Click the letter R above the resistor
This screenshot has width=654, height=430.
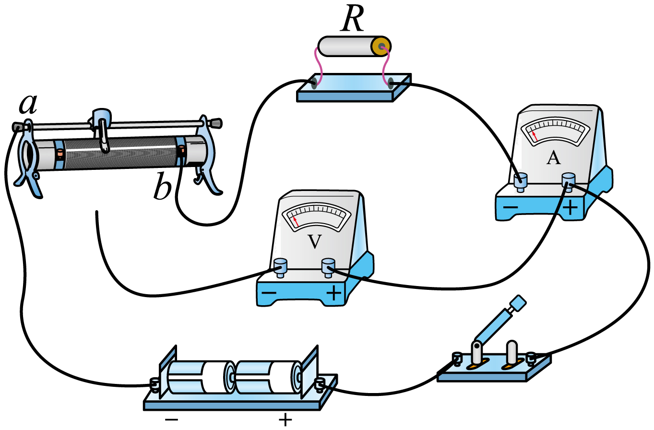(353, 18)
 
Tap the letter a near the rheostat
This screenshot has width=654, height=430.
(28, 104)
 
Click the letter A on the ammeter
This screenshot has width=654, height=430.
(553, 158)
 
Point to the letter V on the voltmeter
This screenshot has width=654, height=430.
(315, 241)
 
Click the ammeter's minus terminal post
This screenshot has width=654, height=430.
(520, 182)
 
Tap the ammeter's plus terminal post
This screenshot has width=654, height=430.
(569, 182)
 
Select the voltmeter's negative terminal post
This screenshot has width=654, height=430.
(280, 268)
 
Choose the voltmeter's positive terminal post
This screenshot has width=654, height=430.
(328, 268)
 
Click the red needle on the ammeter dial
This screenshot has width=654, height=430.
(535, 136)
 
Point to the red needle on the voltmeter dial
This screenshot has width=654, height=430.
(296, 221)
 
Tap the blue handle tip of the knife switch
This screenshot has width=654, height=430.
(519, 303)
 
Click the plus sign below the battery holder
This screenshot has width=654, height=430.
(285, 420)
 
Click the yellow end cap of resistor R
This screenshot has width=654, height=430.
(381, 47)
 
